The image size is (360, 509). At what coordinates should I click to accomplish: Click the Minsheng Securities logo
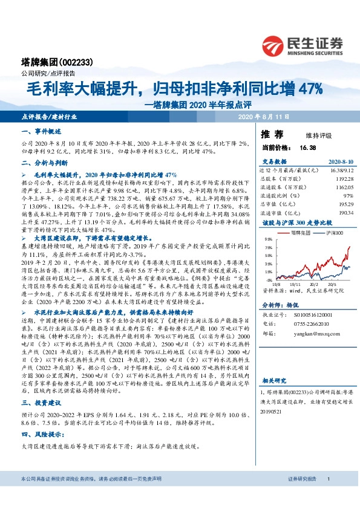[302, 46]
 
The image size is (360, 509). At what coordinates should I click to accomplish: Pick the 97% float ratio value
[347, 196]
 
